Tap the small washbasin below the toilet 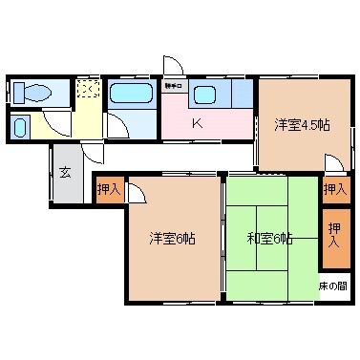pyautogui.click(x=21, y=128)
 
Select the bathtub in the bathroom pyautogui.click(x=126, y=95)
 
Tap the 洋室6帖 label pyautogui.click(x=172, y=239)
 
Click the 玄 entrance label pyautogui.click(x=65, y=173)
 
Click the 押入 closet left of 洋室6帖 pyautogui.click(x=108, y=190)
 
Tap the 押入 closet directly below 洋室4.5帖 pyautogui.click(x=332, y=189)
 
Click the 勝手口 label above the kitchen pyautogui.click(x=173, y=86)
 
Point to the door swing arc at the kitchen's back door pyautogui.click(x=173, y=65)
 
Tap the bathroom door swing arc pyautogui.click(x=116, y=126)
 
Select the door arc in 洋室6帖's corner pyautogui.click(x=136, y=192)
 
